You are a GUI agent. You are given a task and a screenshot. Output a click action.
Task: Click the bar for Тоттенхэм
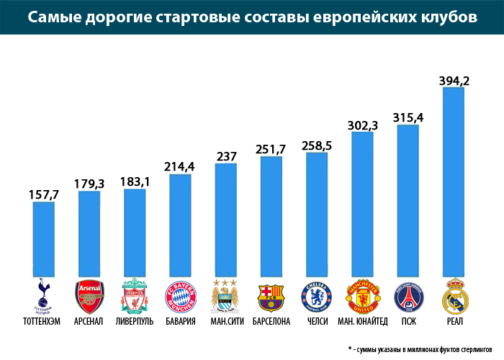point(44,238)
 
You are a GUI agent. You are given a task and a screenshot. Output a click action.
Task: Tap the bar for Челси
point(316,213)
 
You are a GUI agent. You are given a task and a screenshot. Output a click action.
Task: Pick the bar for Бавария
point(180,224)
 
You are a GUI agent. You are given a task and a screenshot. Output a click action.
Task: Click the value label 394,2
point(454,81)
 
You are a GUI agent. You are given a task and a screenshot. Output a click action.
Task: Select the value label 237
point(225,157)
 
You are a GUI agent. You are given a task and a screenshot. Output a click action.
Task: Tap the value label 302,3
point(362,125)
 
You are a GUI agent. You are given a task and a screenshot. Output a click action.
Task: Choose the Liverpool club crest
point(135,295)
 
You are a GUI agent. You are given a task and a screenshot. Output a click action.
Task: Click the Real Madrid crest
point(452,295)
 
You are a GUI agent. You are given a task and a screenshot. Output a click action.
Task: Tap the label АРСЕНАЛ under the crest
point(89,321)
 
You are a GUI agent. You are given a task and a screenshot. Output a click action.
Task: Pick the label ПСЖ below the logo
point(408,321)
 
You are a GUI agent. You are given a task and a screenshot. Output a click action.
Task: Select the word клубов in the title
point(445,17)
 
